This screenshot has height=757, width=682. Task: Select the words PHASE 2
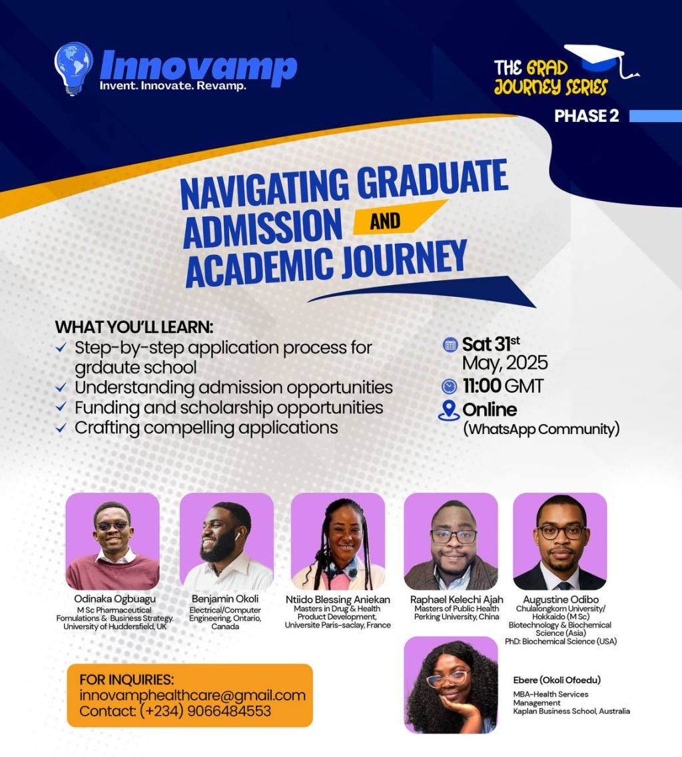tap(587, 115)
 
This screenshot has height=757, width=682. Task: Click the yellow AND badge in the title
tap(386, 220)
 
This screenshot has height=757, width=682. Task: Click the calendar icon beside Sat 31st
tap(450, 345)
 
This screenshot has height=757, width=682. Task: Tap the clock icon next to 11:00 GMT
tap(450, 385)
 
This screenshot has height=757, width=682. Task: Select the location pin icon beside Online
tap(450, 409)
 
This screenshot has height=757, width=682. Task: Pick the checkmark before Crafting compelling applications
tap(61, 428)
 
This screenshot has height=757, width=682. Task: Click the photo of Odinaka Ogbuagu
tap(113, 541)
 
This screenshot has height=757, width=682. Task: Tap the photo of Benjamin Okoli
tap(226, 541)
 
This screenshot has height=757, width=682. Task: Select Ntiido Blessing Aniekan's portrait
tap(338, 541)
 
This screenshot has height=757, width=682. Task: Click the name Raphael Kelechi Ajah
tap(456, 600)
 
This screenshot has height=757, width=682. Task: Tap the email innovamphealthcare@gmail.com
tap(192, 695)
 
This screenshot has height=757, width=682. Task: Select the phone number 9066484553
tap(231, 711)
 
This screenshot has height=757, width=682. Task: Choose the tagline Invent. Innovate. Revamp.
tap(172, 86)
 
